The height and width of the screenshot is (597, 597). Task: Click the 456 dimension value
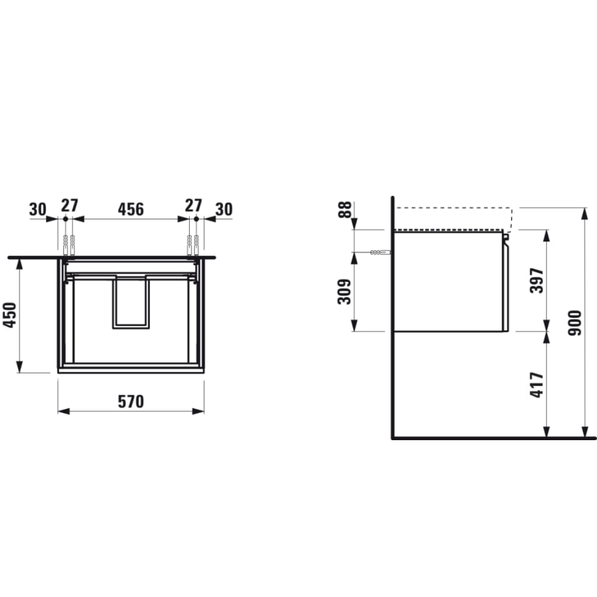click(x=131, y=208)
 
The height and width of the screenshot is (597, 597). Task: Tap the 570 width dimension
click(x=131, y=402)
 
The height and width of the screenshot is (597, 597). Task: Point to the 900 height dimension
click(x=585, y=321)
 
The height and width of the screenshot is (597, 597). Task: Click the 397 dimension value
click(x=538, y=280)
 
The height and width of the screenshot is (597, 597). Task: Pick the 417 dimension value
click(x=538, y=385)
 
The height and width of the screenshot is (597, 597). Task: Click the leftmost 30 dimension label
click(x=38, y=208)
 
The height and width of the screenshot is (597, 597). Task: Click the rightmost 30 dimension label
click(x=224, y=208)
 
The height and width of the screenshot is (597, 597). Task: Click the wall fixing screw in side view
click(x=380, y=252)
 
